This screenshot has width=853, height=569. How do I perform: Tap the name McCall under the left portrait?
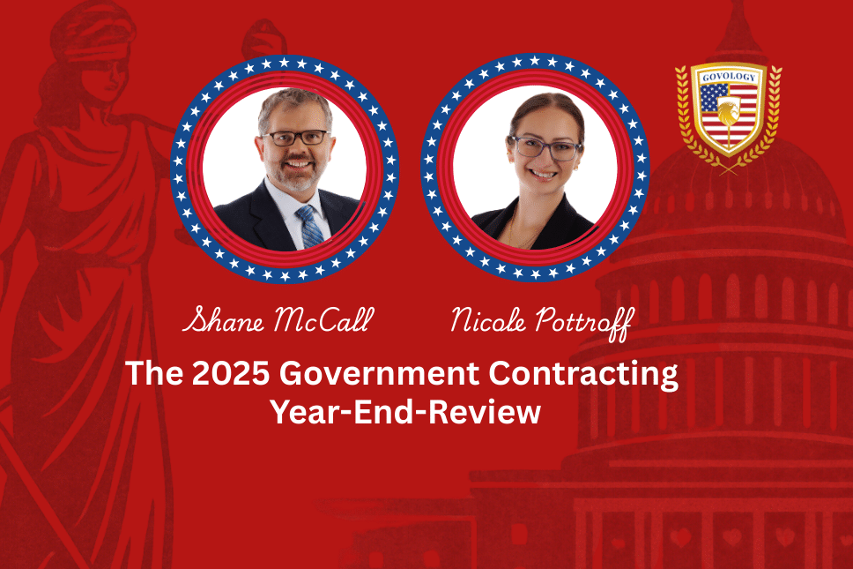coord(324,319)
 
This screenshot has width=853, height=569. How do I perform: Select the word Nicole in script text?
coord(488,319)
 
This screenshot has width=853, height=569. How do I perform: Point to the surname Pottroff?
coord(584,324)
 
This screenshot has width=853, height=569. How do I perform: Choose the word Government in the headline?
coord(379,373)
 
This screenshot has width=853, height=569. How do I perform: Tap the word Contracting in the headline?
coord(583,375)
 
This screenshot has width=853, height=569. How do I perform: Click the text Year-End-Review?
coord(406,412)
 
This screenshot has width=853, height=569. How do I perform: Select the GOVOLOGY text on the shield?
coord(729,77)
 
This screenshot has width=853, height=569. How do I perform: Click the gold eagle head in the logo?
coord(729,113)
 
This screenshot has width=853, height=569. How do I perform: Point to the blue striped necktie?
coord(310,227)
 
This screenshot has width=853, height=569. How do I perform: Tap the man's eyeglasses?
coord(296,138)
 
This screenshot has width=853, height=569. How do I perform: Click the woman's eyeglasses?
coord(545,147)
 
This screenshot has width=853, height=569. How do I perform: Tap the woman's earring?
coord(575,167)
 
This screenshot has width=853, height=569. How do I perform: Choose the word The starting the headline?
coord(154,373)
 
